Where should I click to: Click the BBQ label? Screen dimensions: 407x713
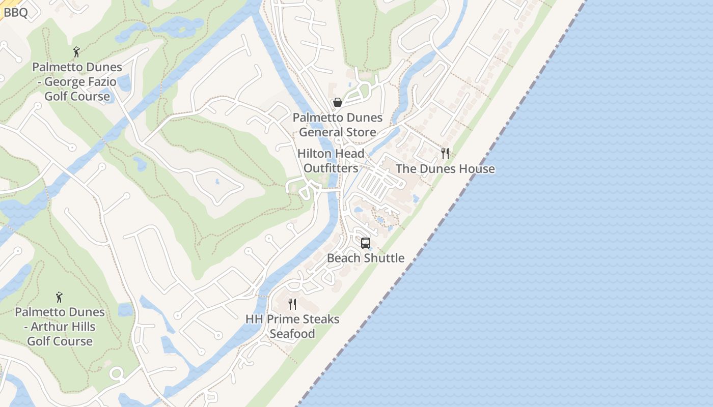pos(15,12)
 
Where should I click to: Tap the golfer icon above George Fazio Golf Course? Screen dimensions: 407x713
pos(76,52)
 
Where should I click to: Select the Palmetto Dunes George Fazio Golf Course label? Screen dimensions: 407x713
pos(77,81)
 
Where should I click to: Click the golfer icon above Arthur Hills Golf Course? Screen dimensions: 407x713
pos(59,297)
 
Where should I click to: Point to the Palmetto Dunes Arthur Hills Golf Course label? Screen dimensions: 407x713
pos(60,327)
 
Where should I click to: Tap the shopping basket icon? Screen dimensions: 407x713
pos(337,103)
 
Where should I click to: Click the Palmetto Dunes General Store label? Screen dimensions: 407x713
pos(337,125)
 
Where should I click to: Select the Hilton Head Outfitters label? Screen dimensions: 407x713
pos(331,160)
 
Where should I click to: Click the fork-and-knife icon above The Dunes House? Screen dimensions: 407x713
pos(445,154)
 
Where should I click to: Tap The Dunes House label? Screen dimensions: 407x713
pos(445,169)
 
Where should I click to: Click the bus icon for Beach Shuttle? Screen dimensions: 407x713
pos(366,243)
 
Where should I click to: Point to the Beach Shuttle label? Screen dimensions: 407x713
pos(366,258)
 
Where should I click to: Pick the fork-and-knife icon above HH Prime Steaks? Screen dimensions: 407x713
pos(292,304)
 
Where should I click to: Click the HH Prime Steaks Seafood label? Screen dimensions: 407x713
pos(292,326)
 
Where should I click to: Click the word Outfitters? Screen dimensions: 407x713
pos(331,168)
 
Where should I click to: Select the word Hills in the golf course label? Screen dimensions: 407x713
pos(82,327)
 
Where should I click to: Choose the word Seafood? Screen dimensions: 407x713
pos(292,334)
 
